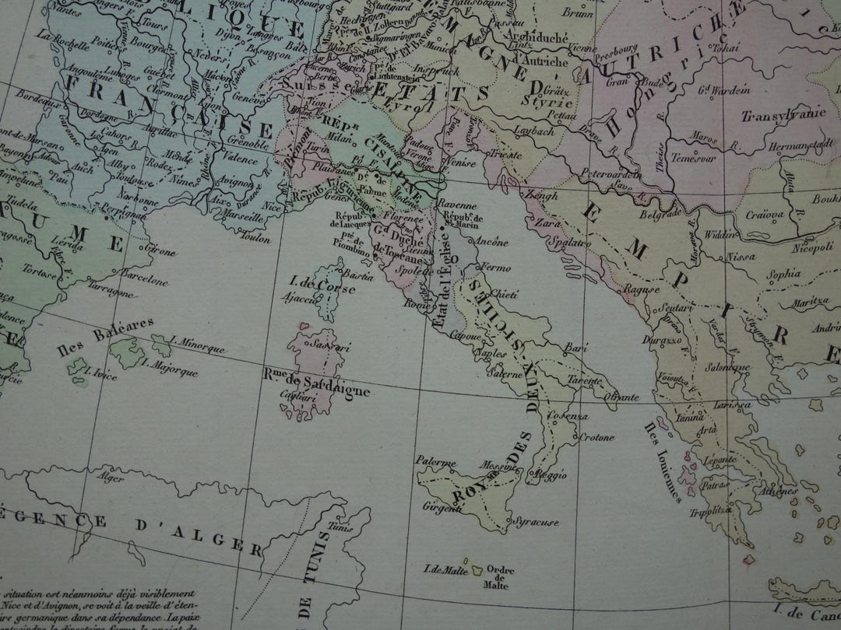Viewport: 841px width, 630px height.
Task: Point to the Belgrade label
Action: point(661,212)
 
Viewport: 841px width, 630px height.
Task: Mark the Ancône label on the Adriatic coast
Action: point(490,241)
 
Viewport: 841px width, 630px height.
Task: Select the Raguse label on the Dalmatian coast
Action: point(642,289)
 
